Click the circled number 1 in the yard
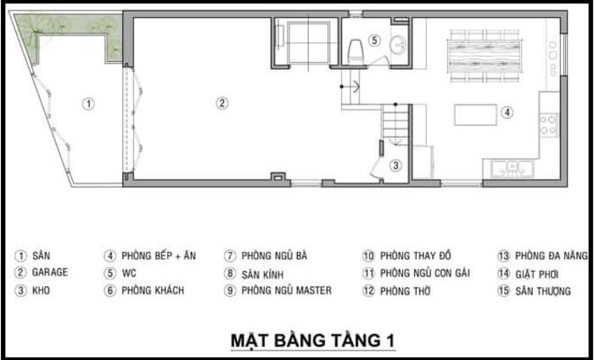(88, 104)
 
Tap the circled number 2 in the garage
(222, 103)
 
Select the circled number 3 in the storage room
(395, 166)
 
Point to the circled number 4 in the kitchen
(507, 112)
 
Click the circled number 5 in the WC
(374, 40)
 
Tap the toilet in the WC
(355, 52)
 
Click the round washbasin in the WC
(399, 44)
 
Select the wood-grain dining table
(485, 56)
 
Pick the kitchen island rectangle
(475, 115)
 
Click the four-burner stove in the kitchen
(549, 125)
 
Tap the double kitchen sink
(513, 168)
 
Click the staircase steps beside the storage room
(395, 123)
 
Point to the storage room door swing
(377, 169)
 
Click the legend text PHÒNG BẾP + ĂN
(159, 256)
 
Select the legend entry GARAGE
(50, 272)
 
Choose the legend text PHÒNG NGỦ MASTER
(287, 290)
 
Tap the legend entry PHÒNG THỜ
(406, 291)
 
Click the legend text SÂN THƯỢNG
(543, 291)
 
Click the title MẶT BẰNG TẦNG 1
(313, 340)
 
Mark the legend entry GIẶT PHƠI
(537, 273)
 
